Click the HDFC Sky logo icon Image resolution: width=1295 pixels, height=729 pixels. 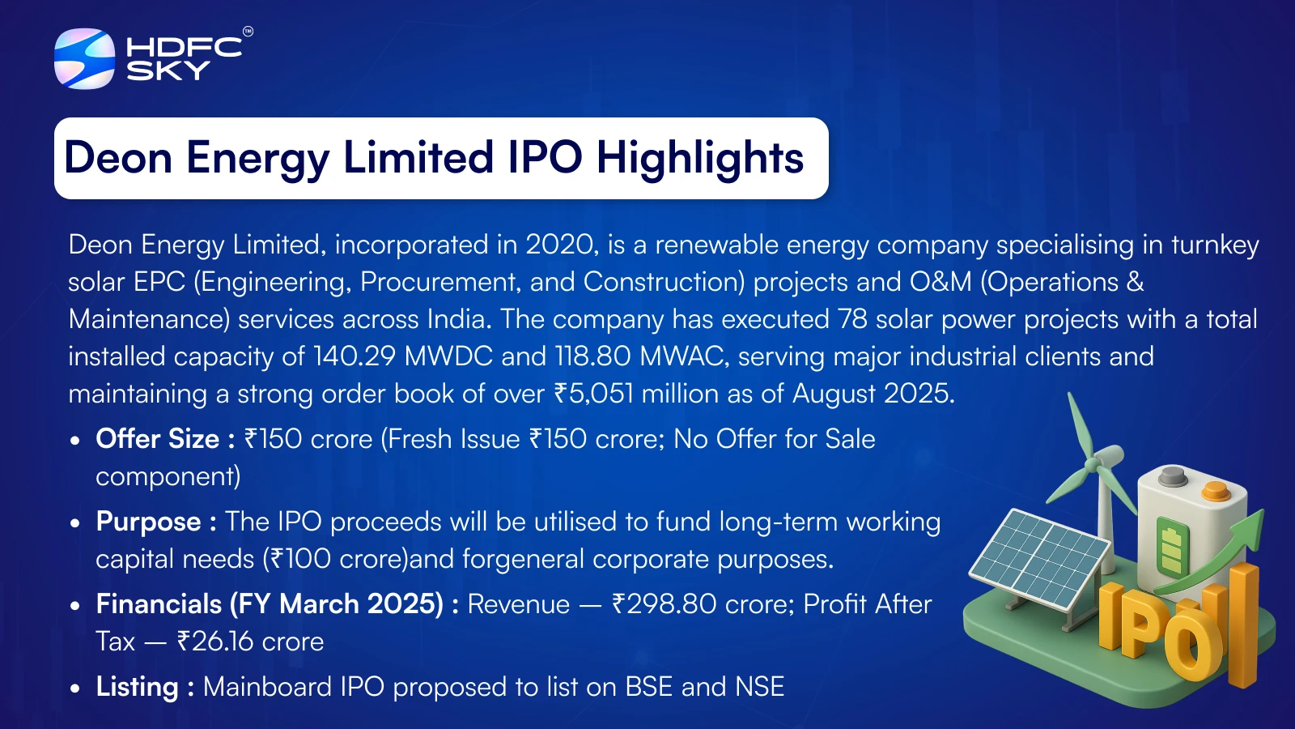84,58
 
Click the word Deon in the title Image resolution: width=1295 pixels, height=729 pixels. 118,157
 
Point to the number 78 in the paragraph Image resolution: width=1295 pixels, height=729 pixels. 853,319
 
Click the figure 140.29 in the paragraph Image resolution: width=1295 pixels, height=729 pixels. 355,356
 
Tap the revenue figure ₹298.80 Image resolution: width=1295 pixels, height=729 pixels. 664,604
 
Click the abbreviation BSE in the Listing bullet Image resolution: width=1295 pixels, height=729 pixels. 648,687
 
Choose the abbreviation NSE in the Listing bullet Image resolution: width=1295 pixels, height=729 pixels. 760,687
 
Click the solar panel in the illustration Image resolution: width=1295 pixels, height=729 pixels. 1039,559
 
